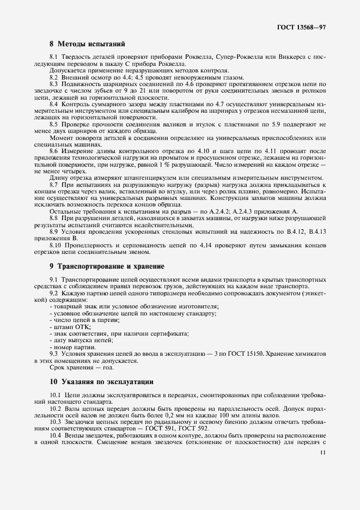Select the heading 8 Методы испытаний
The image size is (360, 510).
pyautogui.click(x=88, y=43)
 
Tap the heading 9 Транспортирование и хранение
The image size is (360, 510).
pyautogui.click(x=107, y=266)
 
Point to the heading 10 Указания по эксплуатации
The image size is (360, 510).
pyautogui.click(x=101, y=381)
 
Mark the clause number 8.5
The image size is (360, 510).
pyautogui.click(x=54, y=125)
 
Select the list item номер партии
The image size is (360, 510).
pyautogui.click(x=74, y=347)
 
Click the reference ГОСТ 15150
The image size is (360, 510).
pyautogui.click(x=246, y=354)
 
